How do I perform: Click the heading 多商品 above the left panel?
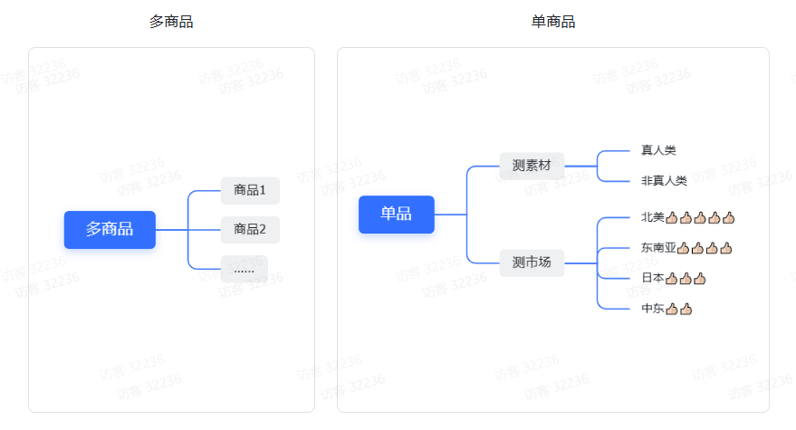(x=171, y=22)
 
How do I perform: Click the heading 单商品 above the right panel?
(x=553, y=22)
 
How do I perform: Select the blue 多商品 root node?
(x=110, y=229)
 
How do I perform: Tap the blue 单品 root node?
(x=396, y=214)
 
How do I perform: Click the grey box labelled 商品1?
(x=250, y=190)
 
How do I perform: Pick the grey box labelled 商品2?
(x=250, y=229)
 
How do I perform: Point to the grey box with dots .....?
(x=244, y=269)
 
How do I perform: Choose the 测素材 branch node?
(x=532, y=165)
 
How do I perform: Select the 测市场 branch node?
(x=532, y=263)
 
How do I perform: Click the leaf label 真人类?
(x=658, y=150)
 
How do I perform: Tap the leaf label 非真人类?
(x=664, y=180)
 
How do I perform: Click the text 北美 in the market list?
(x=652, y=217)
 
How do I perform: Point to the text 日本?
(x=652, y=278)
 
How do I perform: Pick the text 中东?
(x=652, y=309)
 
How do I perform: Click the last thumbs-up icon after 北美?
(x=729, y=217)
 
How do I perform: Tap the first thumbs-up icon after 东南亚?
(x=684, y=247)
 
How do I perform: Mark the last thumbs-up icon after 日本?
(x=700, y=278)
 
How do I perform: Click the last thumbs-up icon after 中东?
(x=686, y=309)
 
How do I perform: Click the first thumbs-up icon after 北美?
(x=672, y=217)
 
